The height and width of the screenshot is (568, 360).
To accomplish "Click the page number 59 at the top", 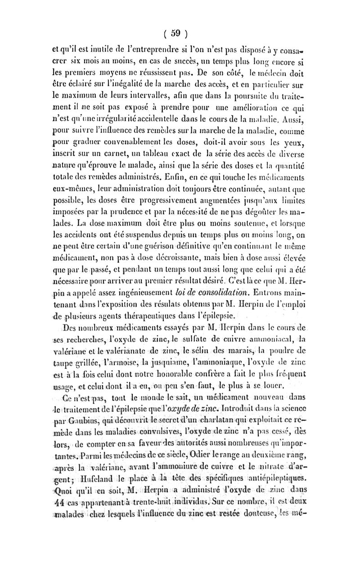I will click(x=175, y=32).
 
